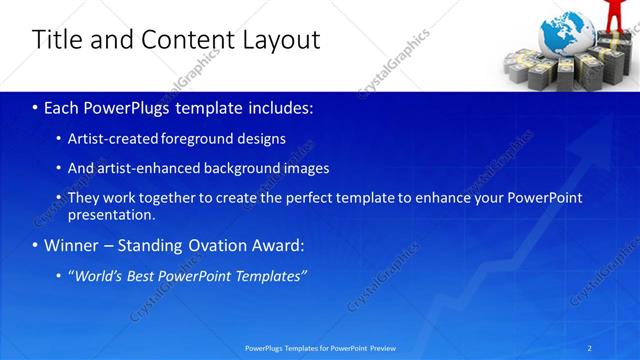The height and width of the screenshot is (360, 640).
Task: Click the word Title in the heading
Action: [56, 40]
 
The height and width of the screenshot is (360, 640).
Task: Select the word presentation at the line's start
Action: [111, 215]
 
